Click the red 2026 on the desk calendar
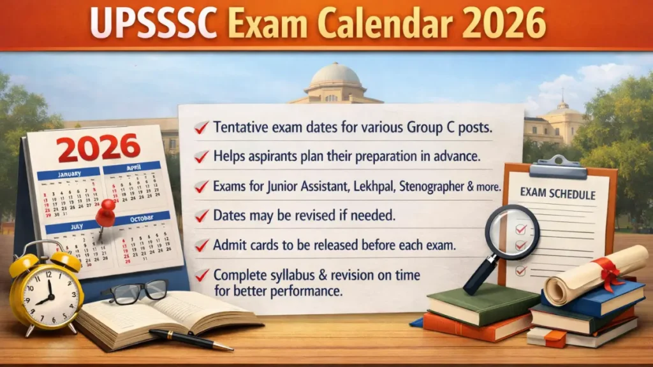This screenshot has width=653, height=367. click(x=99, y=147)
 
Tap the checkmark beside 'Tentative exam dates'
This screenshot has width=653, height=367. click(x=202, y=128)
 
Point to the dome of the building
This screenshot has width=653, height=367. click(x=335, y=75)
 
